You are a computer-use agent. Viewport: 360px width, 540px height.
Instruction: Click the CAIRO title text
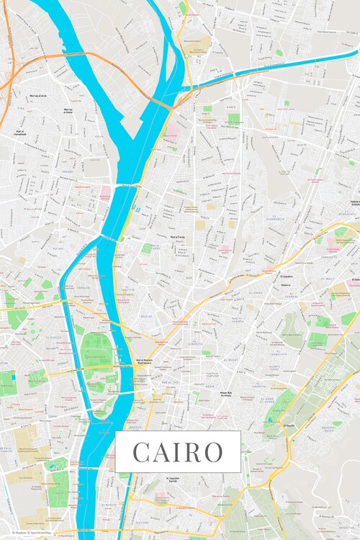(178, 452)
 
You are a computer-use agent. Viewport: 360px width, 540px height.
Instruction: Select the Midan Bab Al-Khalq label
(225, 394)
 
